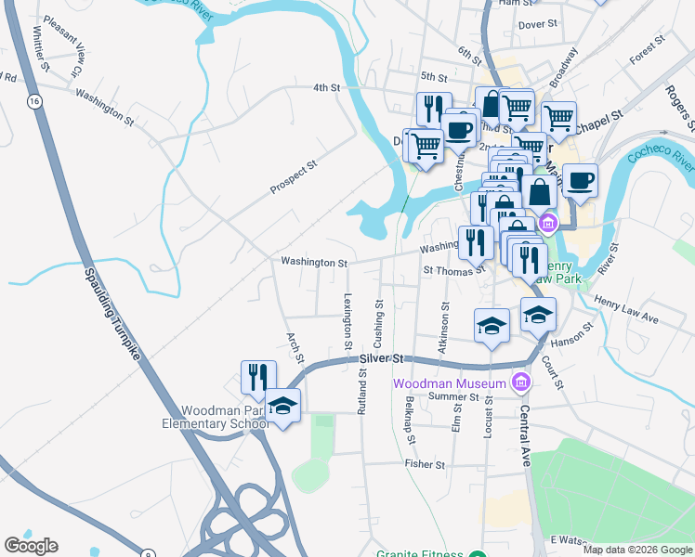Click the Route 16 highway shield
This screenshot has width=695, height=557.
[x=35, y=100]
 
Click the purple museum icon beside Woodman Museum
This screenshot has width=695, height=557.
[x=520, y=382]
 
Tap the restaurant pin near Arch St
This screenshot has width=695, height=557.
[x=258, y=376]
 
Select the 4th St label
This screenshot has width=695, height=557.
[x=326, y=87]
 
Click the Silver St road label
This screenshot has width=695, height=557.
[x=383, y=357]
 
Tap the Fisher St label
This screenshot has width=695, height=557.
[x=426, y=463]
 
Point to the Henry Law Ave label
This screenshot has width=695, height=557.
[x=625, y=312]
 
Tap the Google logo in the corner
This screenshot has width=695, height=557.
[x=31, y=545]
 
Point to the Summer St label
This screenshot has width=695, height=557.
[x=452, y=395]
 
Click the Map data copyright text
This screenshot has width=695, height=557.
[x=637, y=550]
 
